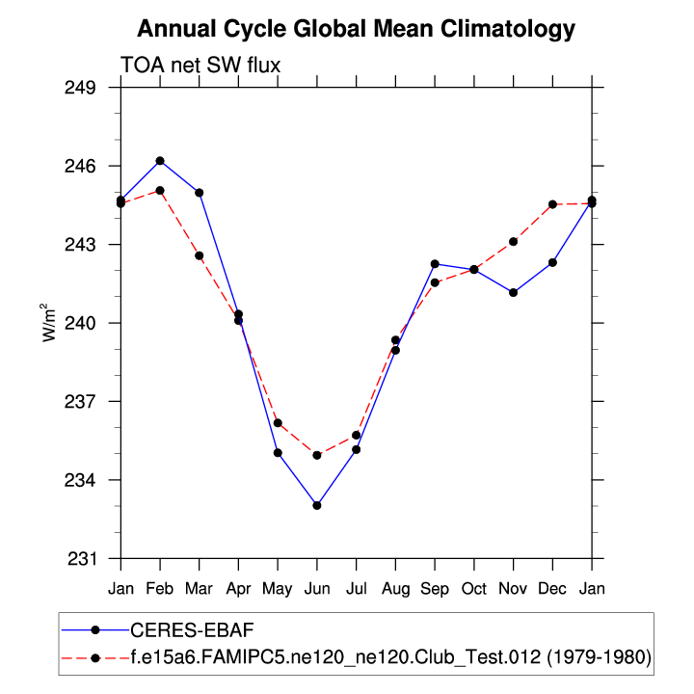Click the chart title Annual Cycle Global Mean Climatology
pos(356,29)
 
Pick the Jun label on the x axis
pos(316,587)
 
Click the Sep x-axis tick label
pos(435,587)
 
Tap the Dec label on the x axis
pos(552,587)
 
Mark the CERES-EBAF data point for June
pos(317,505)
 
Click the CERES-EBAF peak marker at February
pos(160,161)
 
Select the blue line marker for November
pos(514,292)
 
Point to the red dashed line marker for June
pos(317,455)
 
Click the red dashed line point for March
pos(199,255)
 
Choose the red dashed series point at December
pos(552,204)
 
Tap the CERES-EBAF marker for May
pos(278,453)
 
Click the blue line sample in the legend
pos(95,629)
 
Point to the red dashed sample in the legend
pos(95,658)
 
